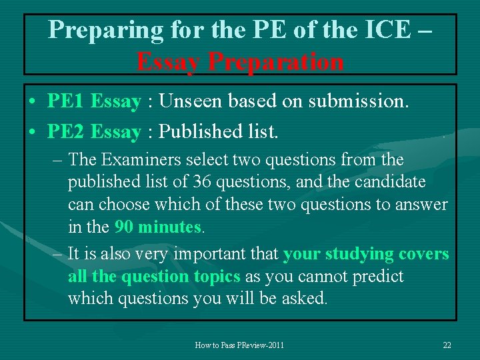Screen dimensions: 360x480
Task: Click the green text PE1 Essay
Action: pos(94,102)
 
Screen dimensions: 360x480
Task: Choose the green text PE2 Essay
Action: pos(94,132)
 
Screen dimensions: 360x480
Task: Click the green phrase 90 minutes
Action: pos(158,227)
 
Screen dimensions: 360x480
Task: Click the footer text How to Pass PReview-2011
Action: pos(239,345)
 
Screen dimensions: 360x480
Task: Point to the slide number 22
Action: pos(447,345)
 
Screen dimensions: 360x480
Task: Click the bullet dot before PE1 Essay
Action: pos(32,103)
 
